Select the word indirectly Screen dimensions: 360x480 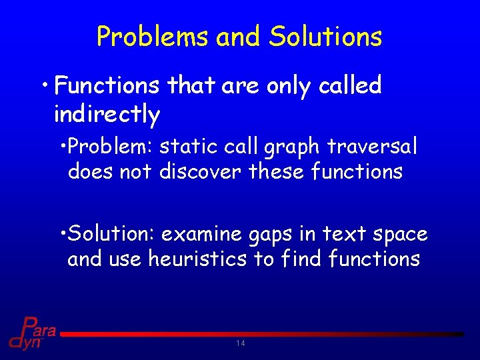(x=107, y=115)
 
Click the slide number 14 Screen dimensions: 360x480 (x=241, y=343)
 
